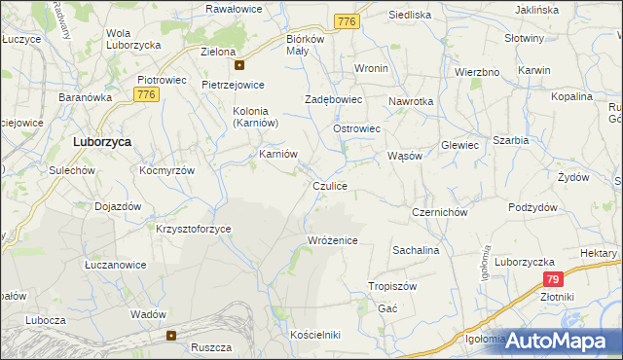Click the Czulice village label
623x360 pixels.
[329, 185]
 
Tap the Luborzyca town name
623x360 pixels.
[102, 141]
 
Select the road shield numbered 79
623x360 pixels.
[553, 278]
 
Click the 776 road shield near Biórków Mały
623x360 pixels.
[346, 21]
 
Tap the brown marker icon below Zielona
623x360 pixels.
[239, 66]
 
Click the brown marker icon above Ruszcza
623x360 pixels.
[171, 336]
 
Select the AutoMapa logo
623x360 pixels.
[556, 341]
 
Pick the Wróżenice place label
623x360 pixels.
[333, 240]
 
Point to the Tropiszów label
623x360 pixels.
[392, 286]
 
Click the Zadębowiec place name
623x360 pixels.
[333, 99]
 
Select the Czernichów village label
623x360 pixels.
[440, 212]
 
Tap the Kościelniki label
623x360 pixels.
[315, 335]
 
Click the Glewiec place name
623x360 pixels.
[459, 145]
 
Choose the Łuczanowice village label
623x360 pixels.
[115, 265]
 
